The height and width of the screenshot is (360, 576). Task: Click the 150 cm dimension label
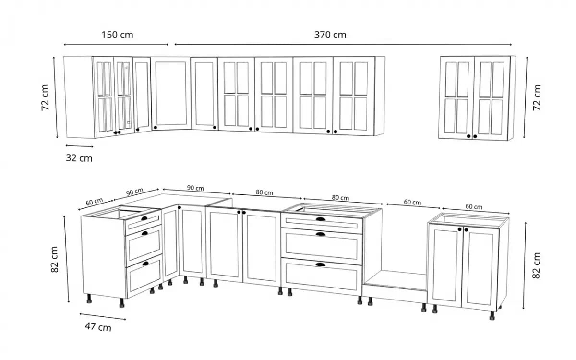(117, 35)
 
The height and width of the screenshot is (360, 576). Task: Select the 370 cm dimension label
(330, 35)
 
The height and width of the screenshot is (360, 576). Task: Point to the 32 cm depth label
(79, 158)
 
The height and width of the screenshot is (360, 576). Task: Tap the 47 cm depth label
(98, 327)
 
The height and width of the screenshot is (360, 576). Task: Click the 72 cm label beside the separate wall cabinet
(537, 98)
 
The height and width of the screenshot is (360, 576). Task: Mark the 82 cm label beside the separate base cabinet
(537, 265)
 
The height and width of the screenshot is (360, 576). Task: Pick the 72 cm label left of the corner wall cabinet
(45, 98)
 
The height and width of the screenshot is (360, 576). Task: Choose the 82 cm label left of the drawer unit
(54, 260)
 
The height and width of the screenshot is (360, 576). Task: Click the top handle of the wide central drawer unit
(320, 219)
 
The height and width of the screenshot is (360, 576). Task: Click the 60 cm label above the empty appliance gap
(412, 203)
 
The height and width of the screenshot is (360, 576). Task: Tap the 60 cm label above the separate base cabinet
(474, 207)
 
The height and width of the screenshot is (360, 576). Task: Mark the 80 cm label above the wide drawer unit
(340, 198)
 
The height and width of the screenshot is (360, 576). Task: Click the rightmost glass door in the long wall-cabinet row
(354, 96)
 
